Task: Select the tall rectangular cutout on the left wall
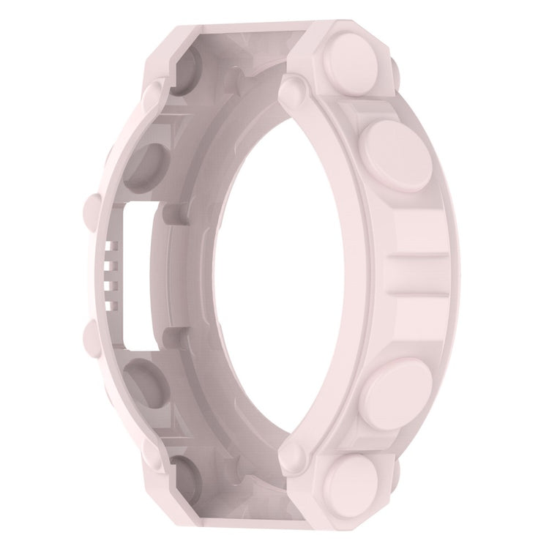(138, 274)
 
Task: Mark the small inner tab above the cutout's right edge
(167, 214)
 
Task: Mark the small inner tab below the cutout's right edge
(167, 335)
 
